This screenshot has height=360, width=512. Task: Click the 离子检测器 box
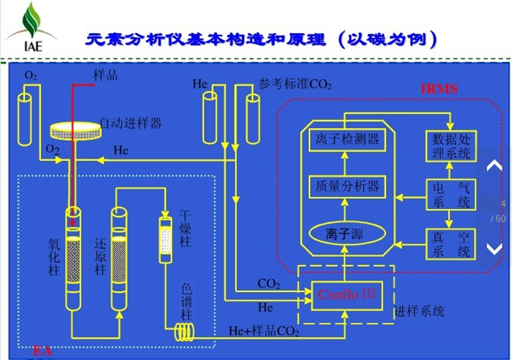point(344,140)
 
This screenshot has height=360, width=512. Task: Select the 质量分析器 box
point(344,185)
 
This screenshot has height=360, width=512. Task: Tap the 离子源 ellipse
point(344,233)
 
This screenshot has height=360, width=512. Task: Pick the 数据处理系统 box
point(451,146)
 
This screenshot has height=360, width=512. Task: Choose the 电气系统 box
point(451,195)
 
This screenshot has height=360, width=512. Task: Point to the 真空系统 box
point(451,243)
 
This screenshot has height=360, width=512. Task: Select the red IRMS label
point(439,89)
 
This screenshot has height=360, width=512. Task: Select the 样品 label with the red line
point(105,75)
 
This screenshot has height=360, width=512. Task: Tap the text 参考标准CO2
point(295,84)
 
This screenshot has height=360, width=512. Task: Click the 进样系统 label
point(420,311)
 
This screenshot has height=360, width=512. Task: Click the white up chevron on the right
point(494,165)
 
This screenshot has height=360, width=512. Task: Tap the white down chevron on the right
point(494,248)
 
